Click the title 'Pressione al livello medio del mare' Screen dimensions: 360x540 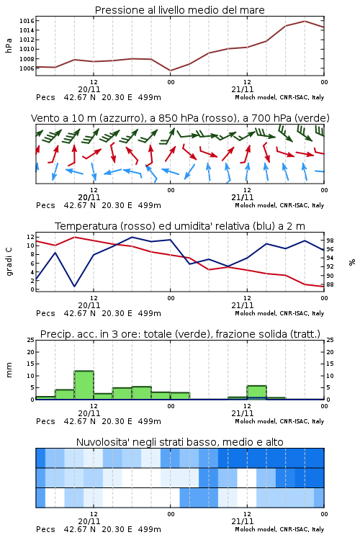point(179,10)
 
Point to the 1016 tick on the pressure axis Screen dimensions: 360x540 point(27,21)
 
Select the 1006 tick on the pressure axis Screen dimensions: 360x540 point(27,68)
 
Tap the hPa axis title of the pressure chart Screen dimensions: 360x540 point(9,45)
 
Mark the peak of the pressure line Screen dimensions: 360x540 point(305,21)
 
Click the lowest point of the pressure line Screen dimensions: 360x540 point(171,71)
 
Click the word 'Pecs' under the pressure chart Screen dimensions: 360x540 point(45,97)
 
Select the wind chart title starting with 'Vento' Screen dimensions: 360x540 point(180,118)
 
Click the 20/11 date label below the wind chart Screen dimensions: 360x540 point(89,197)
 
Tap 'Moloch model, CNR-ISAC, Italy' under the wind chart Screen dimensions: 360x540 point(279,205)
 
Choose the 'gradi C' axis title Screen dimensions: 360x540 point(9,262)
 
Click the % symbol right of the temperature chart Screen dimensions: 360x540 point(352,262)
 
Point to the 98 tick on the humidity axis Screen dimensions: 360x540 point(330,240)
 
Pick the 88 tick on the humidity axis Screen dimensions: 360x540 point(330,284)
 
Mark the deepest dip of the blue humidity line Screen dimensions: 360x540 point(74,286)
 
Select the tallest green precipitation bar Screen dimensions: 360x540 point(84,385)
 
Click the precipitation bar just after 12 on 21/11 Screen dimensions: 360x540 point(256,392)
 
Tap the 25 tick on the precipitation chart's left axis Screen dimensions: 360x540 point(31,340)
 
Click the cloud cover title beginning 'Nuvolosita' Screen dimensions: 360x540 point(179,442)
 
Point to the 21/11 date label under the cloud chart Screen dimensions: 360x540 point(243,521)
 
